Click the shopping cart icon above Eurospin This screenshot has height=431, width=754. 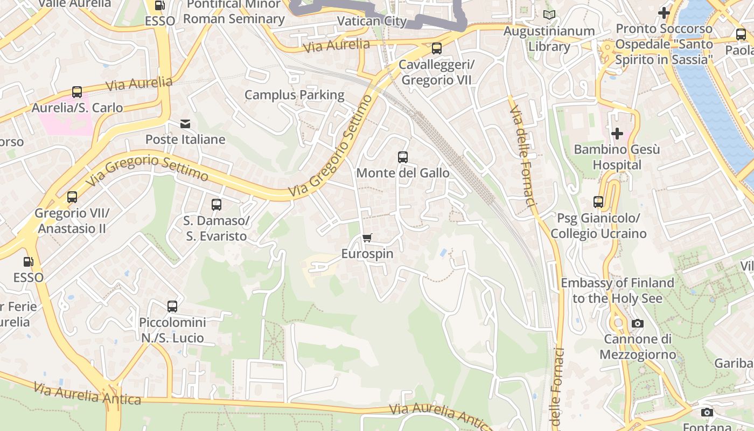click(x=367, y=238)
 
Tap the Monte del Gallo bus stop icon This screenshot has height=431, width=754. click(x=403, y=157)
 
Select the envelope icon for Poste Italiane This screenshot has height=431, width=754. click(x=185, y=124)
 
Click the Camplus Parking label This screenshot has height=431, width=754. click(x=294, y=95)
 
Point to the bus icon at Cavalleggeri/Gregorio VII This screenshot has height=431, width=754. click(x=437, y=48)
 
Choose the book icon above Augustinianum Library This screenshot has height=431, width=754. click(x=549, y=15)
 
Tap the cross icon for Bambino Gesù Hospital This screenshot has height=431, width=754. click(x=617, y=133)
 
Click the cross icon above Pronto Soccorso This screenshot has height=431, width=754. click(x=664, y=12)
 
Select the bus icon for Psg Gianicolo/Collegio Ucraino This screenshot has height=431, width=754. click(x=598, y=202)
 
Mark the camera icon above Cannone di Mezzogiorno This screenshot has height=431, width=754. click(x=638, y=323)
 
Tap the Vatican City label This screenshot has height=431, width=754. click(x=372, y=21)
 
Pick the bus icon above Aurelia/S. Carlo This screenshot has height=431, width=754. click(x=77, y=92)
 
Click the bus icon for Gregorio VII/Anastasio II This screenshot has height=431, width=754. click(x=72, y=197)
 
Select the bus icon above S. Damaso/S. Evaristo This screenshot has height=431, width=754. click(x=217, y=205)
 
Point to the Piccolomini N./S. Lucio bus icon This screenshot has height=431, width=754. click(x=172, y=307)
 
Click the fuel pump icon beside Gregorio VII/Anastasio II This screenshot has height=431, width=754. click(x=28, y=262)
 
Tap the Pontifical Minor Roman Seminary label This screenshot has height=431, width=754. click(x=234, y=11)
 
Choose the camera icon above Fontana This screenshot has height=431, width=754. click(x=707, y=412)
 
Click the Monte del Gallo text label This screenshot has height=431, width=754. click(x=403, y=173)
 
